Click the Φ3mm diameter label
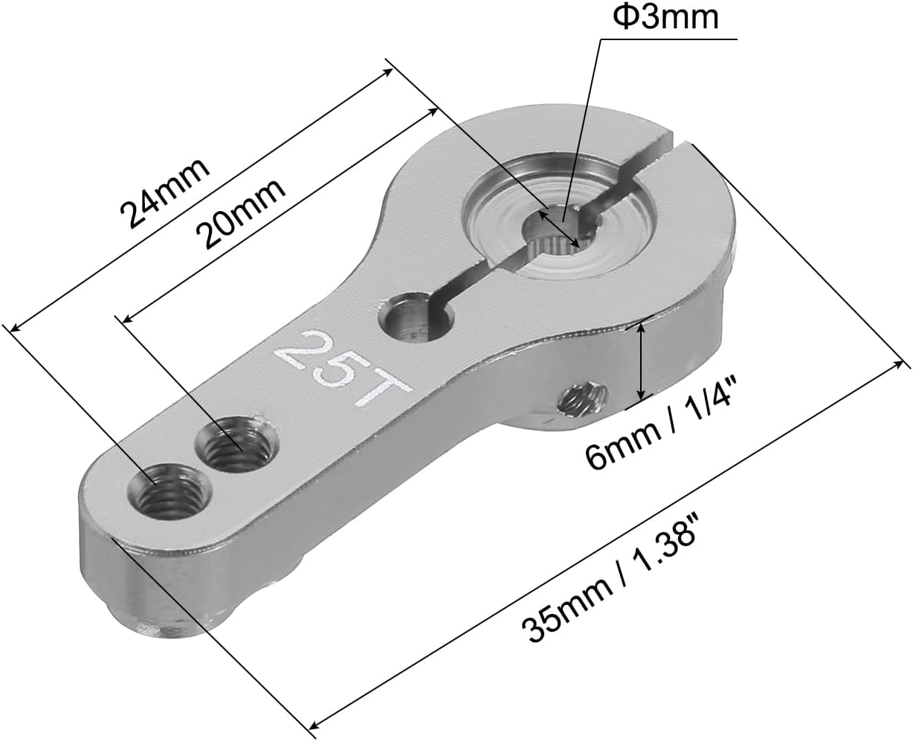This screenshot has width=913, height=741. click(x=665, y=17)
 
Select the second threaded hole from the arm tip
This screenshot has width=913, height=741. click(x=237, y=444)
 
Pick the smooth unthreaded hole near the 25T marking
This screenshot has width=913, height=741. click(x=416, y=317)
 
